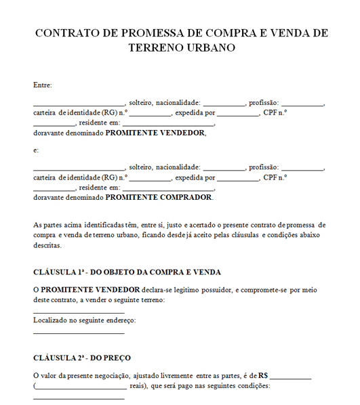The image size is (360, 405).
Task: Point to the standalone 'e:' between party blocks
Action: point(36,150)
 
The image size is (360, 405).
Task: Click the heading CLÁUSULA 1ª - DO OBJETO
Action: point(127,272)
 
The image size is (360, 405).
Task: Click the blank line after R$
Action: point(291,377)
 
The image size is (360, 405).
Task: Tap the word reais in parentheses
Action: point(138,386)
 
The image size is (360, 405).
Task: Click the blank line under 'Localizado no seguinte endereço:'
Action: point(79,333)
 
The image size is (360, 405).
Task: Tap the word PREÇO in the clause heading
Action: point(117,358)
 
